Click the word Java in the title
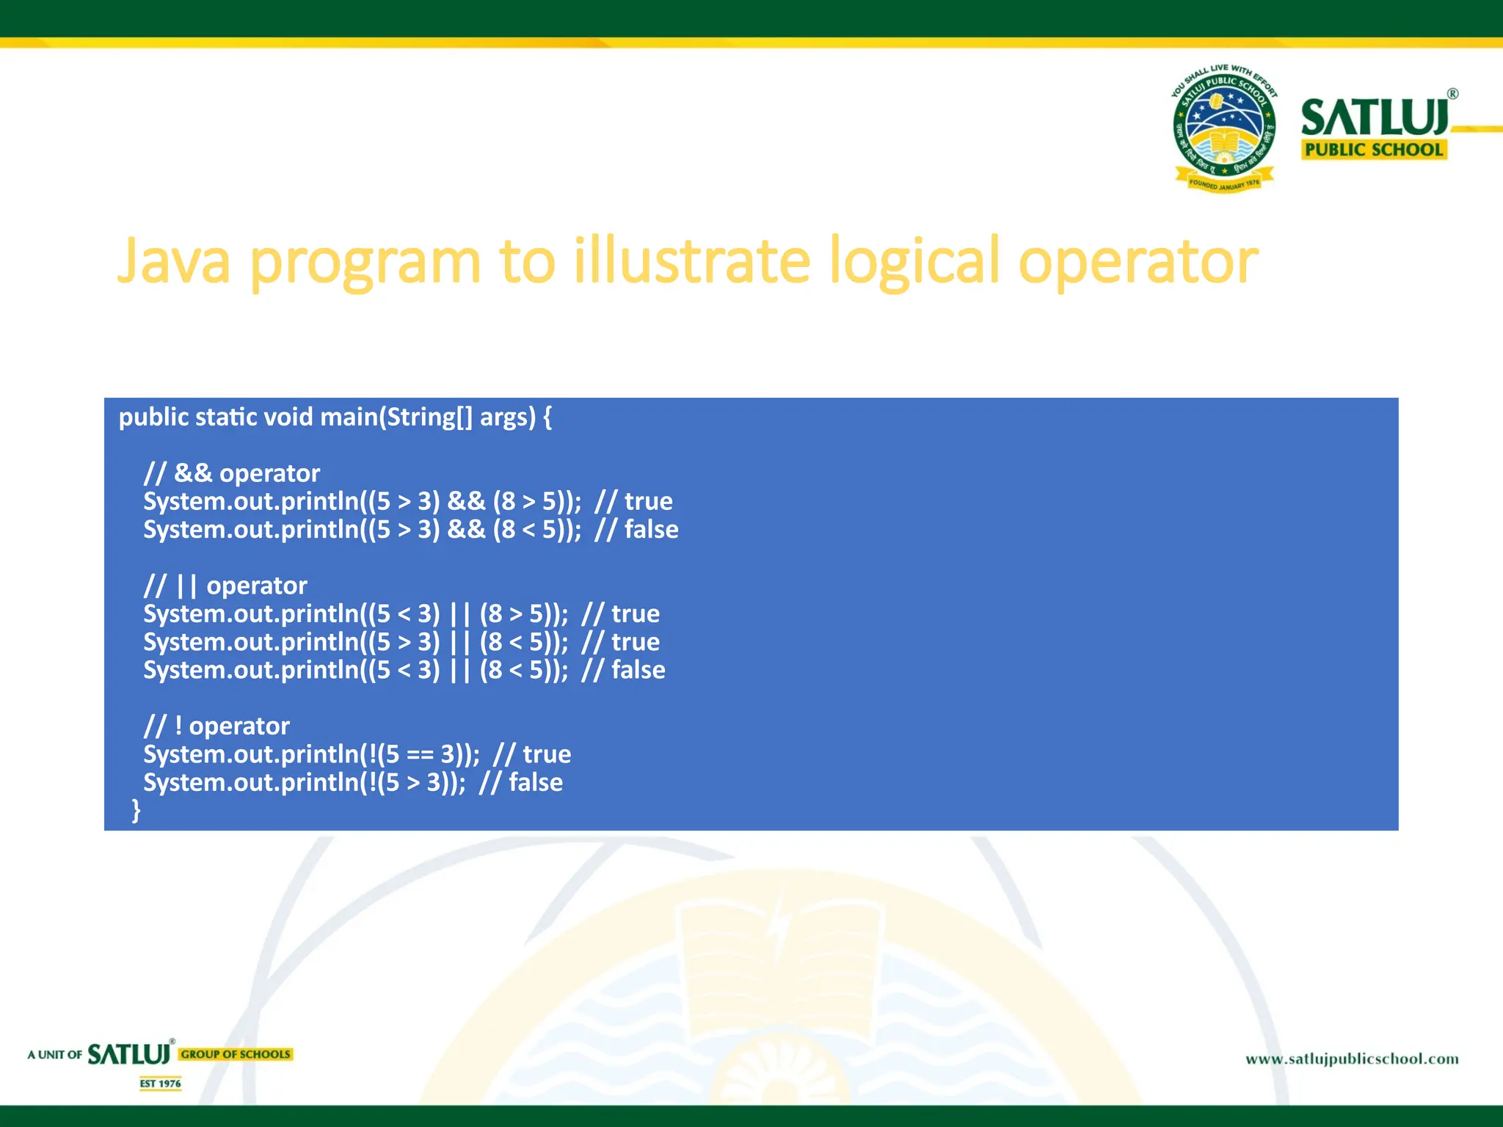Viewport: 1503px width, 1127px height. click(x=174, y=262)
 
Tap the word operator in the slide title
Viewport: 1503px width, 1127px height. click(x=1138, y=263)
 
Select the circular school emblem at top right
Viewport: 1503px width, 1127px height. click(x=1223, y=129)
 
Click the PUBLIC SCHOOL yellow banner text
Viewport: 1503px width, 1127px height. click(x=1374, y=150)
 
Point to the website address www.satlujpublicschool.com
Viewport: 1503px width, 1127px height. click(x=1352, y=1059)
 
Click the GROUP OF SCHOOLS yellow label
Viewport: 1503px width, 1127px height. click(x=236, y=1054)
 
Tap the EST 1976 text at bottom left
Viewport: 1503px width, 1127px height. click(x=161, y=1084)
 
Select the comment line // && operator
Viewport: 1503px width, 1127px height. click(x=232, y=473)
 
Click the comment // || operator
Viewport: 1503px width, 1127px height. click(x=225, y=586)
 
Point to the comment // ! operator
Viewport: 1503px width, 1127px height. click(x=216, y=726)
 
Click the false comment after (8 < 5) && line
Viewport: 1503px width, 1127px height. click(x=651, y=530)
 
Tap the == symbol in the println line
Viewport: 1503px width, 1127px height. click(x=420, y=755)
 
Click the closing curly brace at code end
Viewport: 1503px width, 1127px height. click(x=136, y=810)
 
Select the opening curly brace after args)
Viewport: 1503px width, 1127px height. click(x=547, y=417)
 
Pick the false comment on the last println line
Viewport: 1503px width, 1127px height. click(x=536, y=783)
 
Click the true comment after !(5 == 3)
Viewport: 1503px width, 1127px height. click(x=547, y=754)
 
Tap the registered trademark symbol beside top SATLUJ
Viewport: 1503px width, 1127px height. click(x=1452, y=94)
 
